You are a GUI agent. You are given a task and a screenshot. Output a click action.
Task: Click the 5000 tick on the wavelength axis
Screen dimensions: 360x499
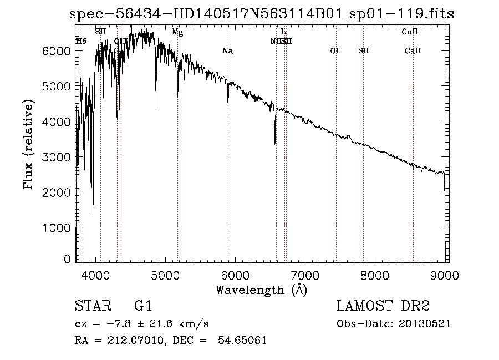[x=165, y=273]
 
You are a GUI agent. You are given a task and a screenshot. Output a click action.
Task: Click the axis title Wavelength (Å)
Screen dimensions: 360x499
[x=261, y=289]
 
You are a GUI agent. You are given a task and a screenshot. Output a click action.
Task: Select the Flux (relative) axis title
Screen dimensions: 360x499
[x=28, y=145]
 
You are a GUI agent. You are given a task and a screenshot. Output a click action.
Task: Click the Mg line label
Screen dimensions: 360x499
[x=177, y=32]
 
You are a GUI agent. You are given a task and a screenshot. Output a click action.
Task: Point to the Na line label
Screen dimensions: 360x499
[x=227, y=51]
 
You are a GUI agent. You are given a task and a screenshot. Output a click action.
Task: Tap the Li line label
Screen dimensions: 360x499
[x=284, y=32]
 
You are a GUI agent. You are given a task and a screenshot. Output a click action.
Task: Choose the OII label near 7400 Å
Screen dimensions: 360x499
[x=335, y=51]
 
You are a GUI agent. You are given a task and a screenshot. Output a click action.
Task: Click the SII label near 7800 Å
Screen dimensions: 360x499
[x=363, y=51]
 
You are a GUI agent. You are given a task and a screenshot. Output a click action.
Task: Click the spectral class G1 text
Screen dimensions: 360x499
[x=142, y=306]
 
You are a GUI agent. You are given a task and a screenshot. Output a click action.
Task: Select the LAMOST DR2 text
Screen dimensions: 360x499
[x=383, y=306]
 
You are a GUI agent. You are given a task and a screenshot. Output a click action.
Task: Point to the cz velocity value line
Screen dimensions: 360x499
[x=141, y=324]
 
